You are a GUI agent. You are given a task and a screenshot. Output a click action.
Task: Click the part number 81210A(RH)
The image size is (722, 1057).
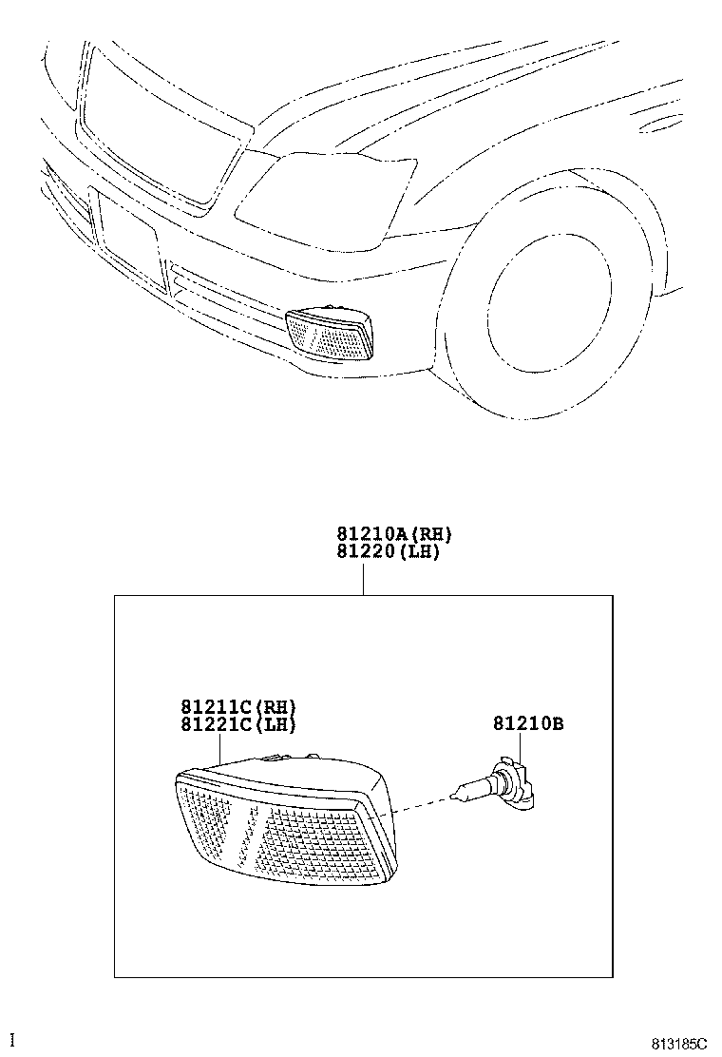point(394,534)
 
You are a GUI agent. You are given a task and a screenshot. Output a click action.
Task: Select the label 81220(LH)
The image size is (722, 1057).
point(389,551)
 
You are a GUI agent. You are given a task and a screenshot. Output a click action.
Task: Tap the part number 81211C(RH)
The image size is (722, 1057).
point(238,706)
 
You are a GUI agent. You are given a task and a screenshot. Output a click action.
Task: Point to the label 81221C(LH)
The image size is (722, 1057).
point(238,724)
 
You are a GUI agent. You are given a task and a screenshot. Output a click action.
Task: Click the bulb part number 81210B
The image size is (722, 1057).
point(528,723)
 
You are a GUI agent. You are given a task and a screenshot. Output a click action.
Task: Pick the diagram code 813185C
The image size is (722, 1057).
point(679,1045)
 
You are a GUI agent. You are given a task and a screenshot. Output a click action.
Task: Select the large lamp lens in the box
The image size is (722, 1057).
point(285,822)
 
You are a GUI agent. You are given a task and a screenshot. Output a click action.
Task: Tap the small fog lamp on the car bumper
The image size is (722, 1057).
point(330,333)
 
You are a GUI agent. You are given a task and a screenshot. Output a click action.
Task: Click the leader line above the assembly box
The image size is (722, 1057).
point(363,578)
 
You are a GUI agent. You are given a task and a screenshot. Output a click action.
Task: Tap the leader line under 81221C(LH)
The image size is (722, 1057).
point(221,749)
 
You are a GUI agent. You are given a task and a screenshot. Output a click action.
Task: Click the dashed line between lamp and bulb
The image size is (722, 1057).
point(422,802)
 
